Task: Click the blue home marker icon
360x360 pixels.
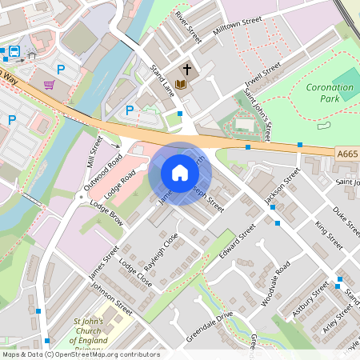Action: pos(180,173)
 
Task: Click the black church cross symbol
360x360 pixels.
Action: pos(186,69)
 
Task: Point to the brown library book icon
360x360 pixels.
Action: pos(181,84)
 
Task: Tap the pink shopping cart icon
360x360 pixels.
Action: pos(50,85)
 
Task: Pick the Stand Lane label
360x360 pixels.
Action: pos(162,81)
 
